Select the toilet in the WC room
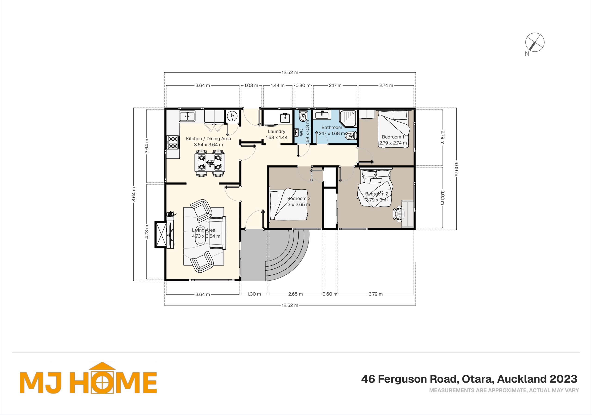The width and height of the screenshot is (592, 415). [303, 116]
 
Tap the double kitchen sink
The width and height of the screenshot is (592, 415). [187, 116]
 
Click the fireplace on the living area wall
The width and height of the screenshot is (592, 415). [161, 235]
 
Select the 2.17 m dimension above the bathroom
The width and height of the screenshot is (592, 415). [335, 85]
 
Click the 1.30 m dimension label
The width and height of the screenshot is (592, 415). [254, 294]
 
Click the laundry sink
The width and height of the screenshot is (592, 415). [285, 118]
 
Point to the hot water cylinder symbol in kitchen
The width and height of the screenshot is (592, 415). [232, 116]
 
